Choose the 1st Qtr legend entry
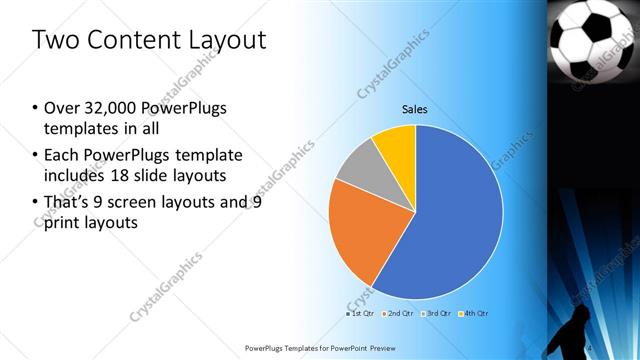tap(360, 314)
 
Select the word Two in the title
tap(52, 40)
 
